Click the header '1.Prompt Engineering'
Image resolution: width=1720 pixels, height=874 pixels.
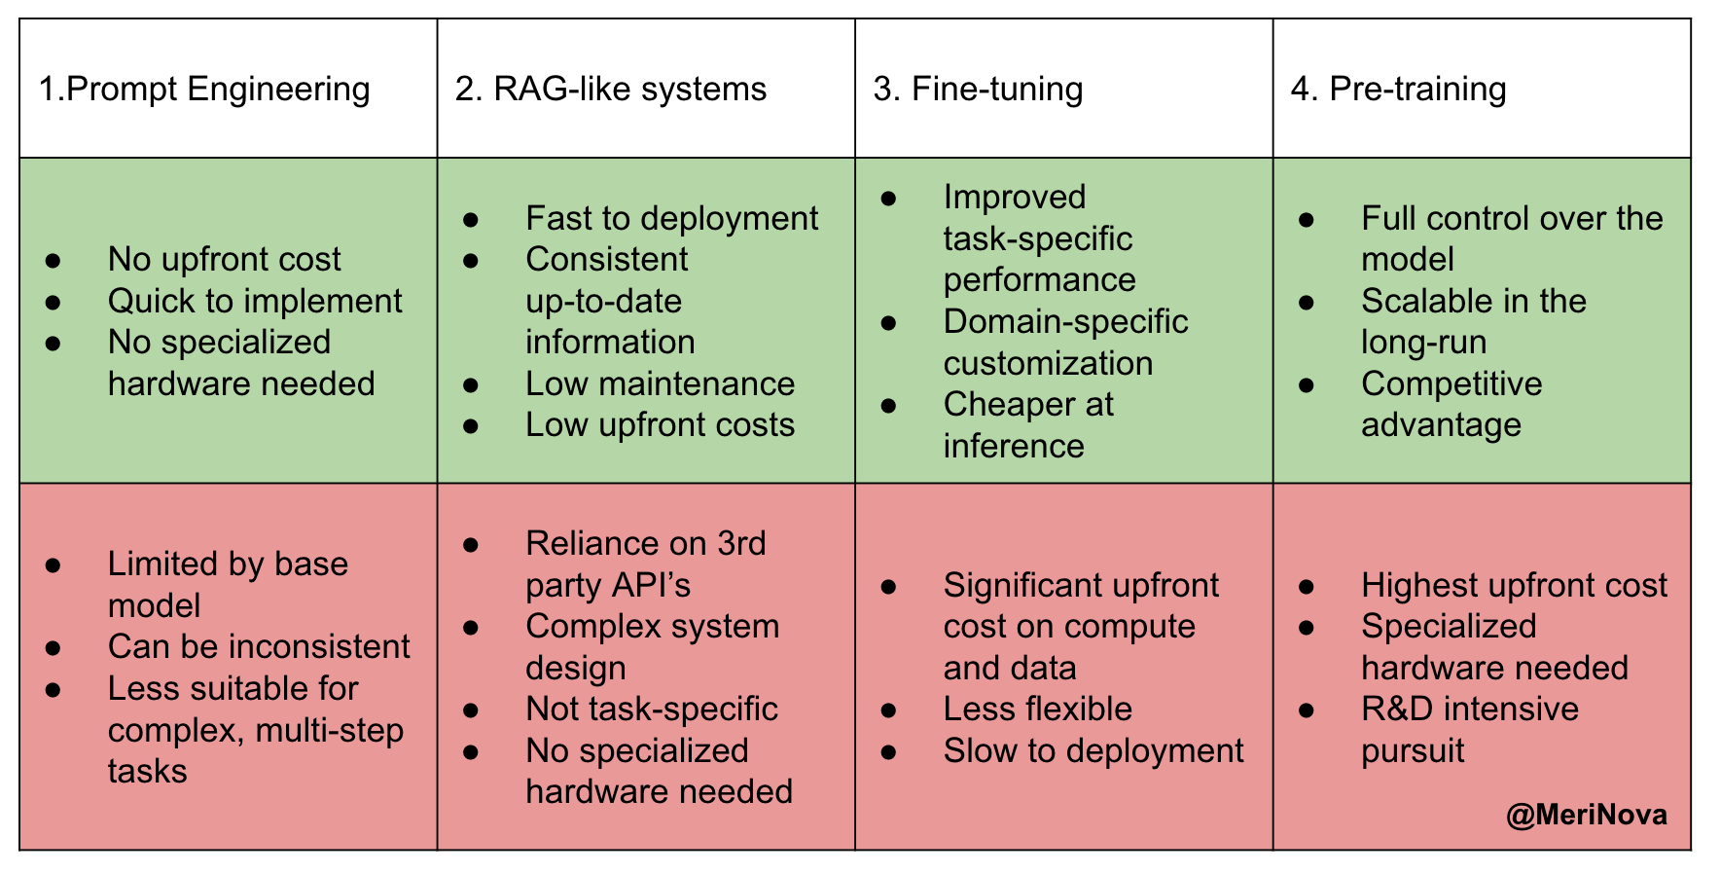[204, 89]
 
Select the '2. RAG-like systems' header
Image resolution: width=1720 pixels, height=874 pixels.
[611, 89]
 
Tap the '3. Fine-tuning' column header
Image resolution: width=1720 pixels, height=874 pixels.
[978, 89]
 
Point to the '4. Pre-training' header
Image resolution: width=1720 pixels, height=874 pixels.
[1398, 89]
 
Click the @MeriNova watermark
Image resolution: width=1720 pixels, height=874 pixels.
[1586, 814]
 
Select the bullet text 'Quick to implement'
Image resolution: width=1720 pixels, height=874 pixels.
[255, 301]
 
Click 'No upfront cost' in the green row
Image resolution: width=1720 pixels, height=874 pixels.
[224, 259]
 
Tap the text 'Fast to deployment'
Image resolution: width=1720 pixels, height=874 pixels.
[671, 218]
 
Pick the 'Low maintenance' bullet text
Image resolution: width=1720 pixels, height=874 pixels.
[660, 383]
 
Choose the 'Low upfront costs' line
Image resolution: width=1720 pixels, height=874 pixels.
[660, 424]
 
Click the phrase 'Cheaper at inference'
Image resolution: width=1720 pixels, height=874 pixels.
[1028, 424]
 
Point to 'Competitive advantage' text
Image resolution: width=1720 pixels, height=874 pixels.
[1451, 404]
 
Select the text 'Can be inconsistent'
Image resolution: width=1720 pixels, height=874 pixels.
[259, 646]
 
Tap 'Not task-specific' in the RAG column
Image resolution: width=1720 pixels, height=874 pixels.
[652, 709]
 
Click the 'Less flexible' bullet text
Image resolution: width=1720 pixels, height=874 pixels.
[1037, 709]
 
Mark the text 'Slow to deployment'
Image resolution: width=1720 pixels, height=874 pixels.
[1093, 750]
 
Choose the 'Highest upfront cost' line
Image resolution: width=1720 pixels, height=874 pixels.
[1514, 585]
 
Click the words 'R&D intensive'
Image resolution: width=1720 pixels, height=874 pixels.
[1470, 709]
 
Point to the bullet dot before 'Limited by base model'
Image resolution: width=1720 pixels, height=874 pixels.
[54, 564]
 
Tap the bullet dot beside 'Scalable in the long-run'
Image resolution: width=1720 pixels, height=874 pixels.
[1307, 302]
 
